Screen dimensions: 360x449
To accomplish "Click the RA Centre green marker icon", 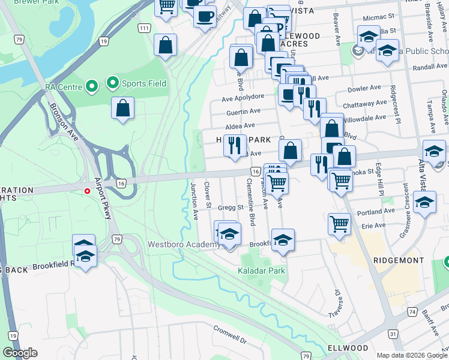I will pos(92,87).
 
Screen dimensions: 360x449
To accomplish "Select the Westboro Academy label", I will pos(182,245).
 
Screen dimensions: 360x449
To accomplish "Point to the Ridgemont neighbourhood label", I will pos(399,261).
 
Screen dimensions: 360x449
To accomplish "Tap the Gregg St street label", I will pos(230,208).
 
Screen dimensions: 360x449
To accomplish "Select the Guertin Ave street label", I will pos(243,111).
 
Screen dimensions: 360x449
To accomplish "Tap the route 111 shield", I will pos(143,28).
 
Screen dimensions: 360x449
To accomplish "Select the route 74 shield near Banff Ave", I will pos(412,312).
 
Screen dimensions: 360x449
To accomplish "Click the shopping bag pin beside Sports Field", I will pos(122,109).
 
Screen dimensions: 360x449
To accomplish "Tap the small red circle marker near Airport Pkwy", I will pos(88,191).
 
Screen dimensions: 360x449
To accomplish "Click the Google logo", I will pos(20,353).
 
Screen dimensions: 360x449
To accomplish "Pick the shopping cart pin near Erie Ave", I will pos(339,224).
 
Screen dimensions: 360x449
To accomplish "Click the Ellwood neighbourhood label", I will pos(348,348).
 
